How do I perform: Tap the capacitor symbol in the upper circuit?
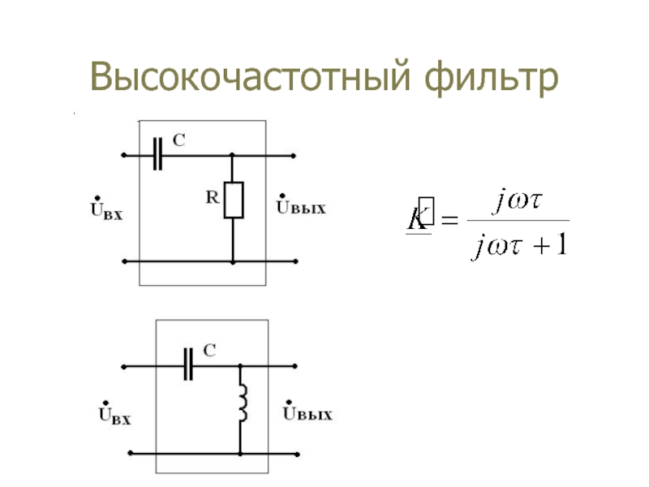[158, 153]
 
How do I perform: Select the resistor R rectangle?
[233, 200]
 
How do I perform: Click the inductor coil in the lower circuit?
[242, 403]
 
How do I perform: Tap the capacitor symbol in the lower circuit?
[189, 366]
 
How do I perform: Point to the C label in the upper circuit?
[178, 140]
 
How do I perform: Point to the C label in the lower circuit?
[209, 351]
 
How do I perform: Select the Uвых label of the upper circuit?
[302, 207]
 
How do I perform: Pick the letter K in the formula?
[419, 218]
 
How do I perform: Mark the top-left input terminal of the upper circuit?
[122, 154]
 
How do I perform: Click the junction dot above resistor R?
[233, 154]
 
